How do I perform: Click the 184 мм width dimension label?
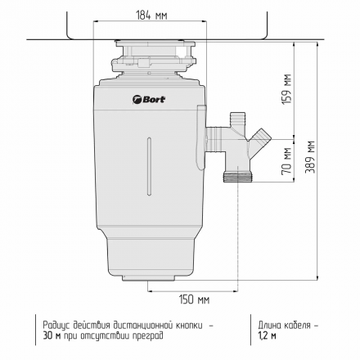[151, 16]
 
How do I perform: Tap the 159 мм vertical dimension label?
[287, 88]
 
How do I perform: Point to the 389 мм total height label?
[310, 157]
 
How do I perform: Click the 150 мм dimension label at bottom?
[194, 299]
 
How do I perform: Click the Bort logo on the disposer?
[149, 99]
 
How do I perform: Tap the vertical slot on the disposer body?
[149, 166]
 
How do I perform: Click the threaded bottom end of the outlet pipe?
[237, 178]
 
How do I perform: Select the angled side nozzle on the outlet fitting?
[260, 138]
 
